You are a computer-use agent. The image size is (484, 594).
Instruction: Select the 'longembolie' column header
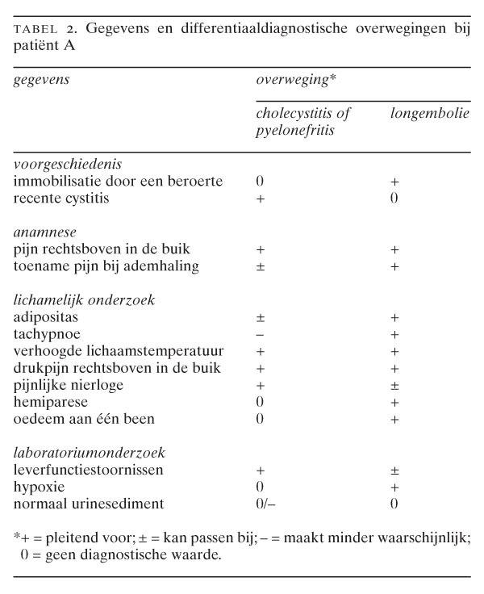[x=429, y=112]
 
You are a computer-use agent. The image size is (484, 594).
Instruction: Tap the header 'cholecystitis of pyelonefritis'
[x=302, y=119]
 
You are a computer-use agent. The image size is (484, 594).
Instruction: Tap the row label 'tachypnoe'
[x=46, y=333]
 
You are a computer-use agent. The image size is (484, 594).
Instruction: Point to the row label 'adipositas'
[x=45, y=316]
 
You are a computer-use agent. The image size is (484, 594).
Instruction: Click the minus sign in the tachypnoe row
[x=260, y=334]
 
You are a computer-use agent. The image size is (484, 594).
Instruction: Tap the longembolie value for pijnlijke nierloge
[x=394, y=385]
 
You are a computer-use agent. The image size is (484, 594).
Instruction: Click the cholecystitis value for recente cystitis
[x=260, y=199]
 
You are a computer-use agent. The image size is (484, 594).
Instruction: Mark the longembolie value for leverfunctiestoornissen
[x=394, y=471]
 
